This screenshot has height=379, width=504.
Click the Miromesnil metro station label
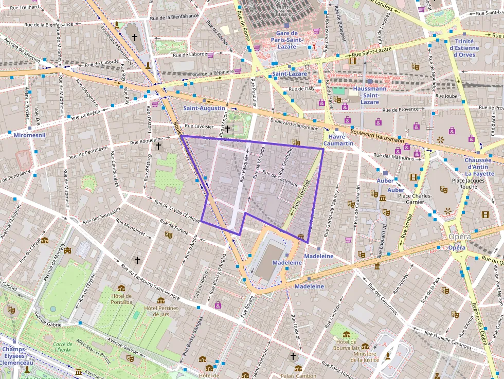[29, 135]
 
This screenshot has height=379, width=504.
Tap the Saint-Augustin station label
[204, 108]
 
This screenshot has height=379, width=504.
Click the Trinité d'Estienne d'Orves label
[464, 44]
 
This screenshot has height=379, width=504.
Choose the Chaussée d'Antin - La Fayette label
[478, 167]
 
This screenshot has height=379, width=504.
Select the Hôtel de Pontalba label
[121, 299]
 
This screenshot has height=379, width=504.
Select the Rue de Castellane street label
[280, 178]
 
